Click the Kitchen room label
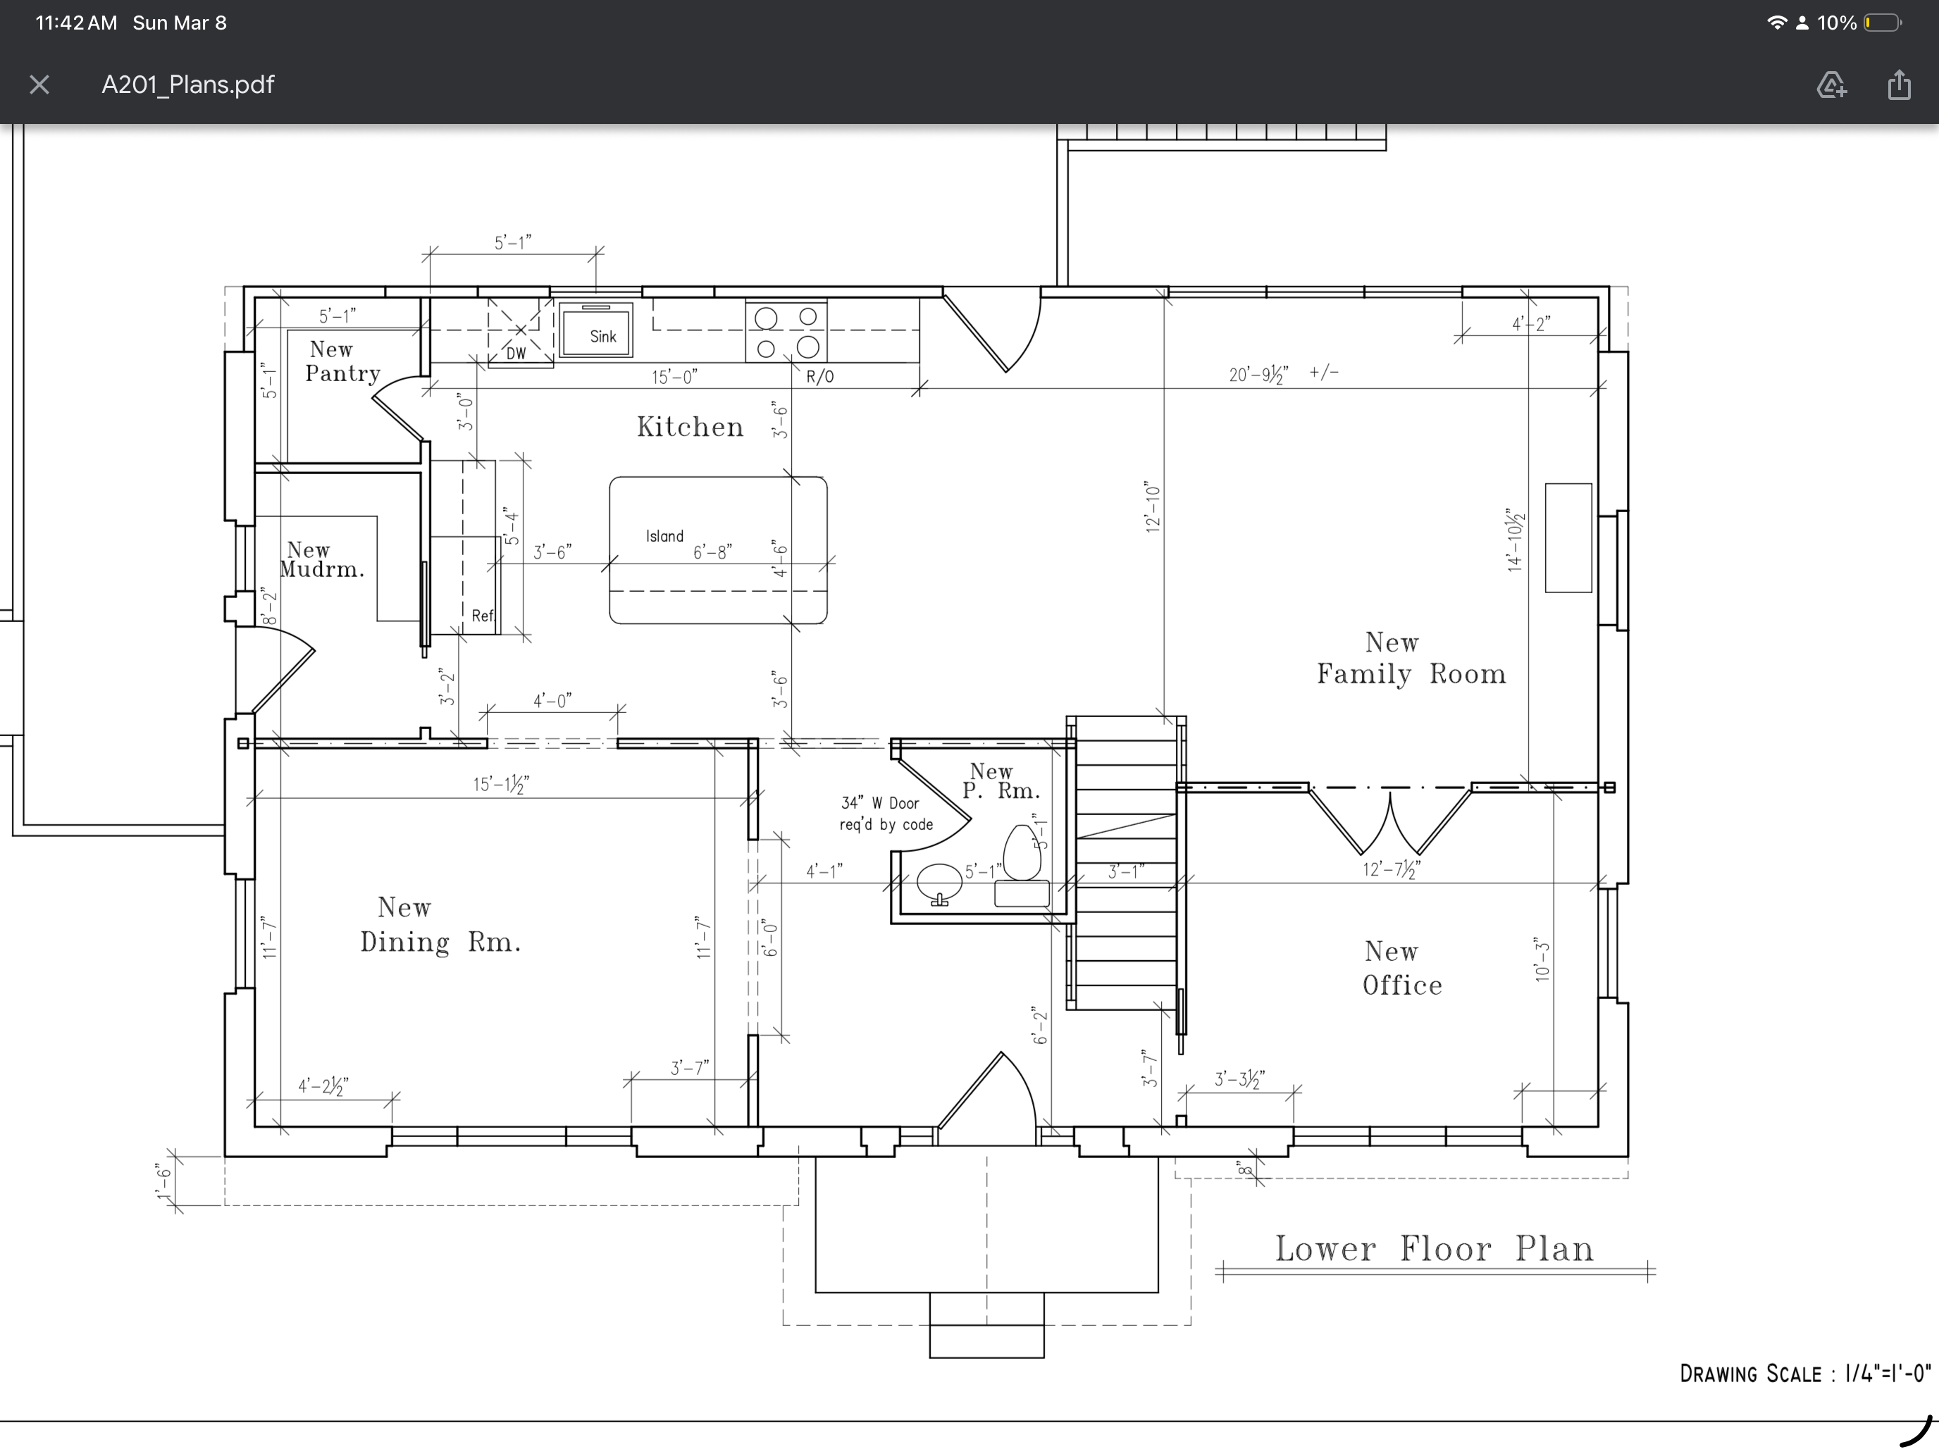(690, 427)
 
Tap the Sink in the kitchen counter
(596, 330)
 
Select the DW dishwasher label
(516, 353)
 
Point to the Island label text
(664, 536)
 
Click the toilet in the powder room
(1022, 852)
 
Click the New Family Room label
(1411, 658)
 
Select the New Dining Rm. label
(440, 925)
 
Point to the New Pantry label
(342, 362)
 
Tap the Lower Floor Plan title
(1434, 1249)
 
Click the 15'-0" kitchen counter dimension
(674, 377)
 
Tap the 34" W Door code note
(886, 814)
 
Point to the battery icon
(1881, 23)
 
